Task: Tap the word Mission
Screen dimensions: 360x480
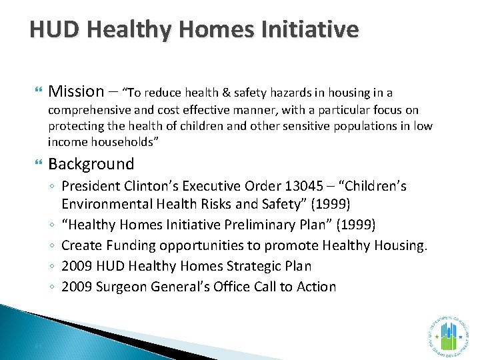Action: point(77,91)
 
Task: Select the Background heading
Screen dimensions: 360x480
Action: point(91,164)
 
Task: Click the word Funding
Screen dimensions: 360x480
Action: point(128,245)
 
